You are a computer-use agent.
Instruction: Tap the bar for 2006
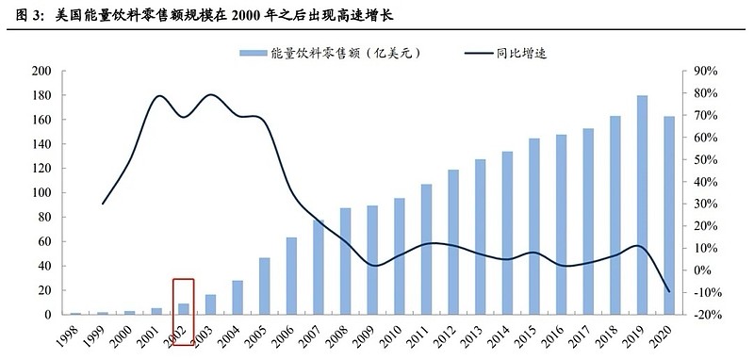pos(292,276)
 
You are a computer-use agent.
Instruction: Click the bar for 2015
pos(534,226)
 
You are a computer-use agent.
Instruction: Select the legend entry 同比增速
pos(522,53)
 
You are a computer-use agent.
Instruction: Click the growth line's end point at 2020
pos(669,291)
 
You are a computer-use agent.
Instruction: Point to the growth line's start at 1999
pos(103,204)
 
